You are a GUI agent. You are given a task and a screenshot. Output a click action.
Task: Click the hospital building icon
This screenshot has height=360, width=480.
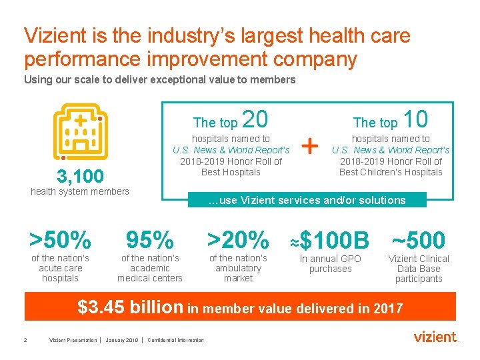click(79, 131)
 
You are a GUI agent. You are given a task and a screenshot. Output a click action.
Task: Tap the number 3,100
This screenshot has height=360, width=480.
click(80, 177)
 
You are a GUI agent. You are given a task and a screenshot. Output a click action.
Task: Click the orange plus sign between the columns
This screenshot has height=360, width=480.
click(311, 144)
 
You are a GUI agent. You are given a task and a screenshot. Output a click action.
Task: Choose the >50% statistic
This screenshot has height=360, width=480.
click(60, 239)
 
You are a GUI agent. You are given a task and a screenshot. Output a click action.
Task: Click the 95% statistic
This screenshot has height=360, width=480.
click(150, 239)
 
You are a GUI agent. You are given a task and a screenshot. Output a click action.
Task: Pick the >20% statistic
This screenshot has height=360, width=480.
click(238, 239)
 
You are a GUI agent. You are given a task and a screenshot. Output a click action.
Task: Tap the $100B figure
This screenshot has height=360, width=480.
click(334, 240)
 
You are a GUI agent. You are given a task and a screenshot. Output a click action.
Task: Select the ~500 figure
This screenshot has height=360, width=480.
click(418, 240)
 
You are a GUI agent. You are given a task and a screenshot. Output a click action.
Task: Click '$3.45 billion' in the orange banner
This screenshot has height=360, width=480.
click(130, 307)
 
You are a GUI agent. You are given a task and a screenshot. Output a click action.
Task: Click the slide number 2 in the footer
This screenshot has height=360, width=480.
click(25, 341)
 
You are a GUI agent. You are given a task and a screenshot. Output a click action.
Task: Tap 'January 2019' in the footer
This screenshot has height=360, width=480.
click(122, 341)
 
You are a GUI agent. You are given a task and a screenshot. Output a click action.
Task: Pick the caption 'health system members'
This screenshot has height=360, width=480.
click(80, 192)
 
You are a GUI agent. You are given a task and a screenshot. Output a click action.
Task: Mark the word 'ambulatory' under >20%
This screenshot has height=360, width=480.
click(239, 269)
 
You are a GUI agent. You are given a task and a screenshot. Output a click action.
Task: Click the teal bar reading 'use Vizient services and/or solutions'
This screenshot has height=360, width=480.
click(307, 200)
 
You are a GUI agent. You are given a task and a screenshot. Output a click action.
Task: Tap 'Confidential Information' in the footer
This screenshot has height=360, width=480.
click(176, 341)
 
